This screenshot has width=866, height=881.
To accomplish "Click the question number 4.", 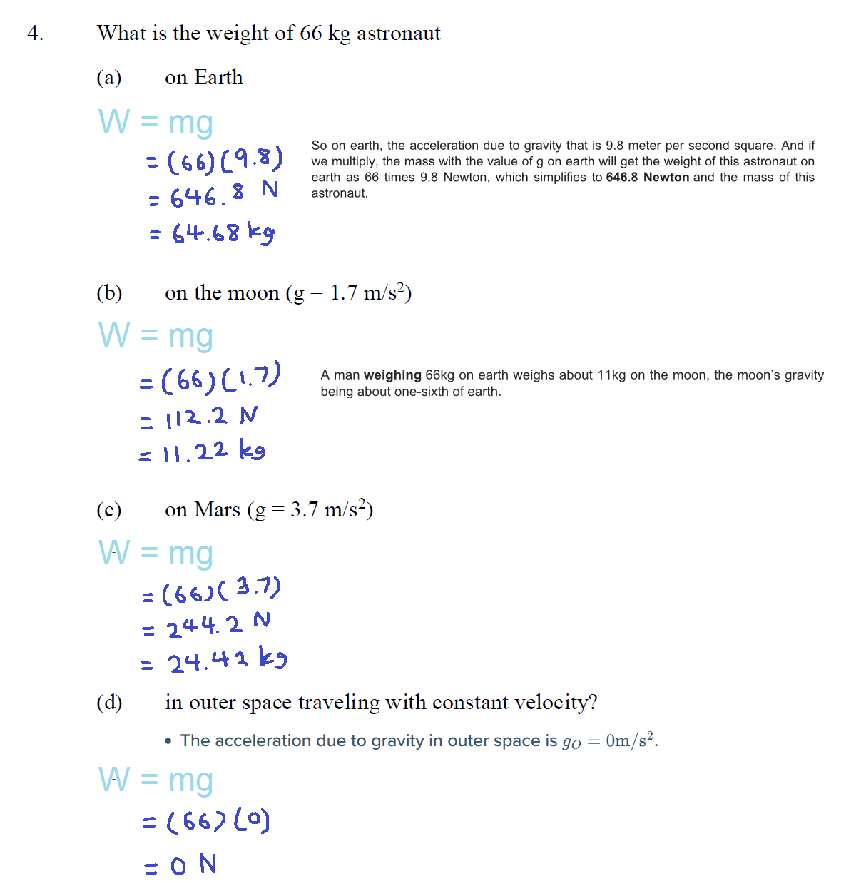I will [x=35, y=34].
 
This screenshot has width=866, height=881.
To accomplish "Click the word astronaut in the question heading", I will [x=398, y=34].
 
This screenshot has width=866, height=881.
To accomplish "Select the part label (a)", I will [x=109, y=78].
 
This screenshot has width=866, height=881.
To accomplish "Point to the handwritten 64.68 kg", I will [x=223, y=233].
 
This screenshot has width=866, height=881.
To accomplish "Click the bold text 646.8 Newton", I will [x=647, y=177].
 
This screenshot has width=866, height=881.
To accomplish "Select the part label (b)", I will [x=109, y=293].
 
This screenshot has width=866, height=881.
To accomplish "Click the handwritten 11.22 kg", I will [x=214, y=452].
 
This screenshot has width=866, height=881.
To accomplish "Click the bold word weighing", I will [x=392, y=375].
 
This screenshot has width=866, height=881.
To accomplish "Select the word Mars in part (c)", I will [x=218, y=510].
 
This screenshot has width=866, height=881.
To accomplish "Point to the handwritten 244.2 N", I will [x=218, y=626].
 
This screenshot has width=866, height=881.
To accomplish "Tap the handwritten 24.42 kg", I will [x=227, y=661].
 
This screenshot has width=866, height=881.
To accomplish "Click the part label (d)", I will [x=109, y=703].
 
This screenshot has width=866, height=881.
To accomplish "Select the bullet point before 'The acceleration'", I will [x=168, y=742].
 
